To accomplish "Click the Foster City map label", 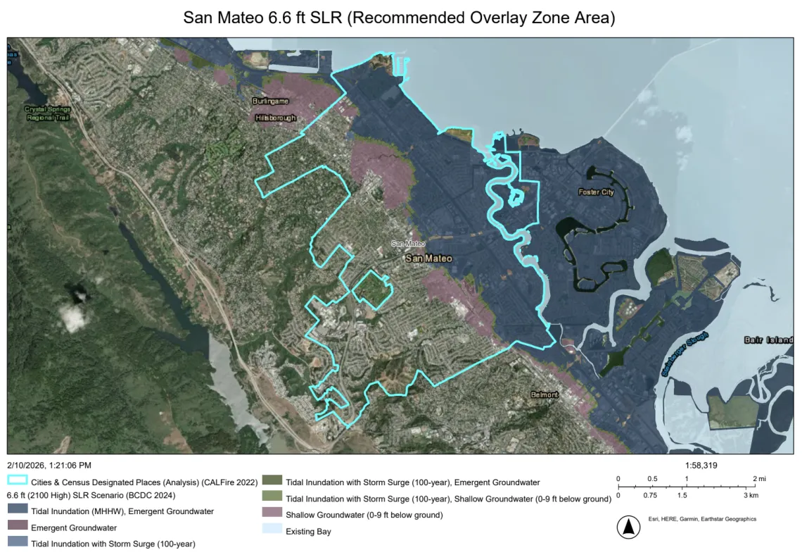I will [596, 192].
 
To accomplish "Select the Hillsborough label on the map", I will [276, 118].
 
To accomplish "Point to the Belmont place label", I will [545, 394].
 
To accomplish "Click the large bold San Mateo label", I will [428, 258].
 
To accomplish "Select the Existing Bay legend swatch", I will [272, 531].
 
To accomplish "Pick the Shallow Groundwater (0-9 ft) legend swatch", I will [272, 515].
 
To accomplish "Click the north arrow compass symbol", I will [628, 527].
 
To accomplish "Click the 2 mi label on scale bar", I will [758, 479].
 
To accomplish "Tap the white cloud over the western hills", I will [74, 318].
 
